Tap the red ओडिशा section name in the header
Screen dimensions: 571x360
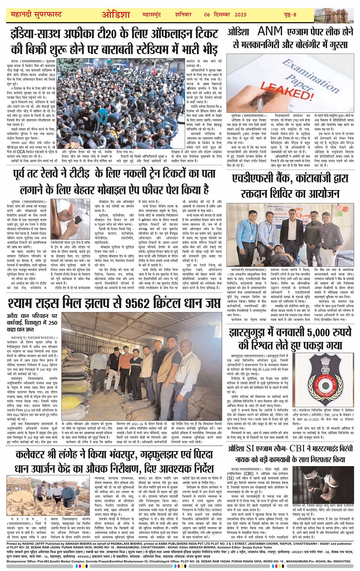pos(116,15)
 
